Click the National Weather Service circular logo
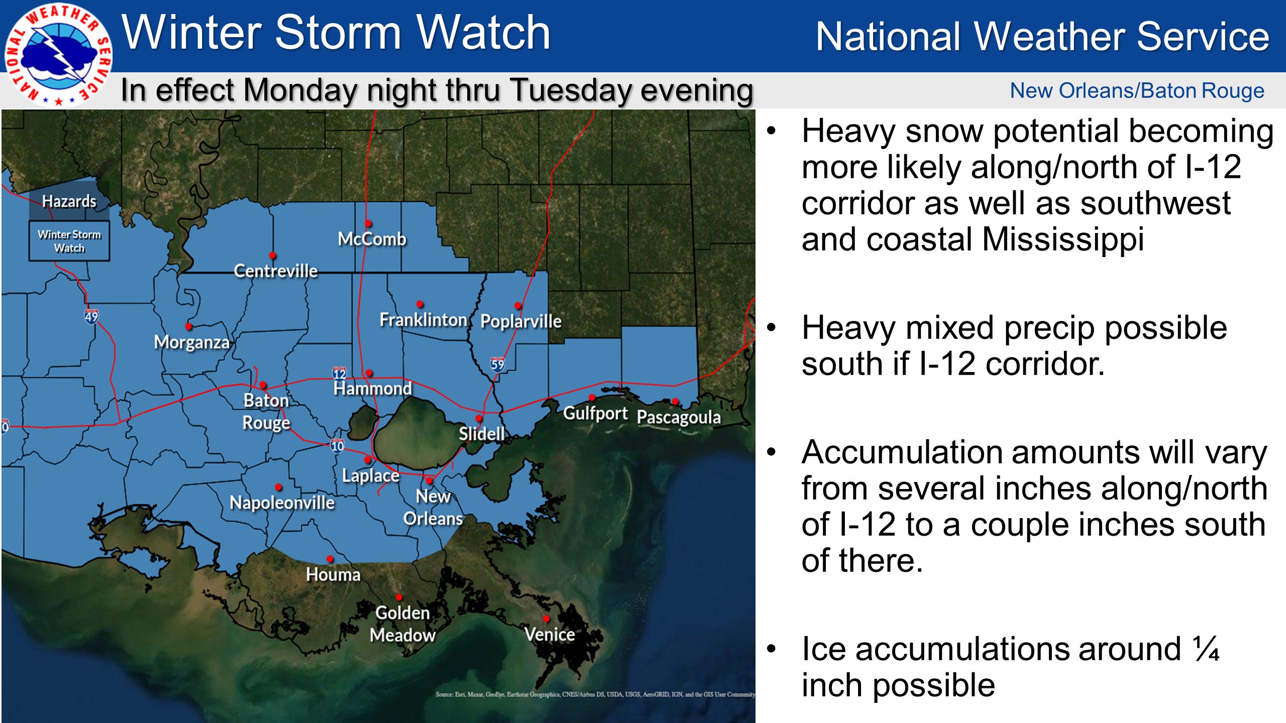tap(58, 54)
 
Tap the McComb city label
tap(372, 239)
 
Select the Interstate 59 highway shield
tap(497, 364)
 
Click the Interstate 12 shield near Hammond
tap(339, 373)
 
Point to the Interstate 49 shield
tap(91, 316)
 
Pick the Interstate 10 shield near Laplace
tap(337, 445)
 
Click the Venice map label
tap(550, 634)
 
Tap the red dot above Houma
tap(330, 558)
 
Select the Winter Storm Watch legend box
tap(69, 241)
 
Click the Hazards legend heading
tap(69, 201)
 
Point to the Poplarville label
tap(520, 321)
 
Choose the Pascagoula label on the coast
tap(679, 417)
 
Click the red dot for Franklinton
tap(419, 304)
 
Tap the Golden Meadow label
tap(402, 624)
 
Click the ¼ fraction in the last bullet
tap(1206, 649)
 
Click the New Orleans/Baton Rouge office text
tap(1137, 91)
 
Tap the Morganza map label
tap(191, 342)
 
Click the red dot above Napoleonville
tap(278, 487)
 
